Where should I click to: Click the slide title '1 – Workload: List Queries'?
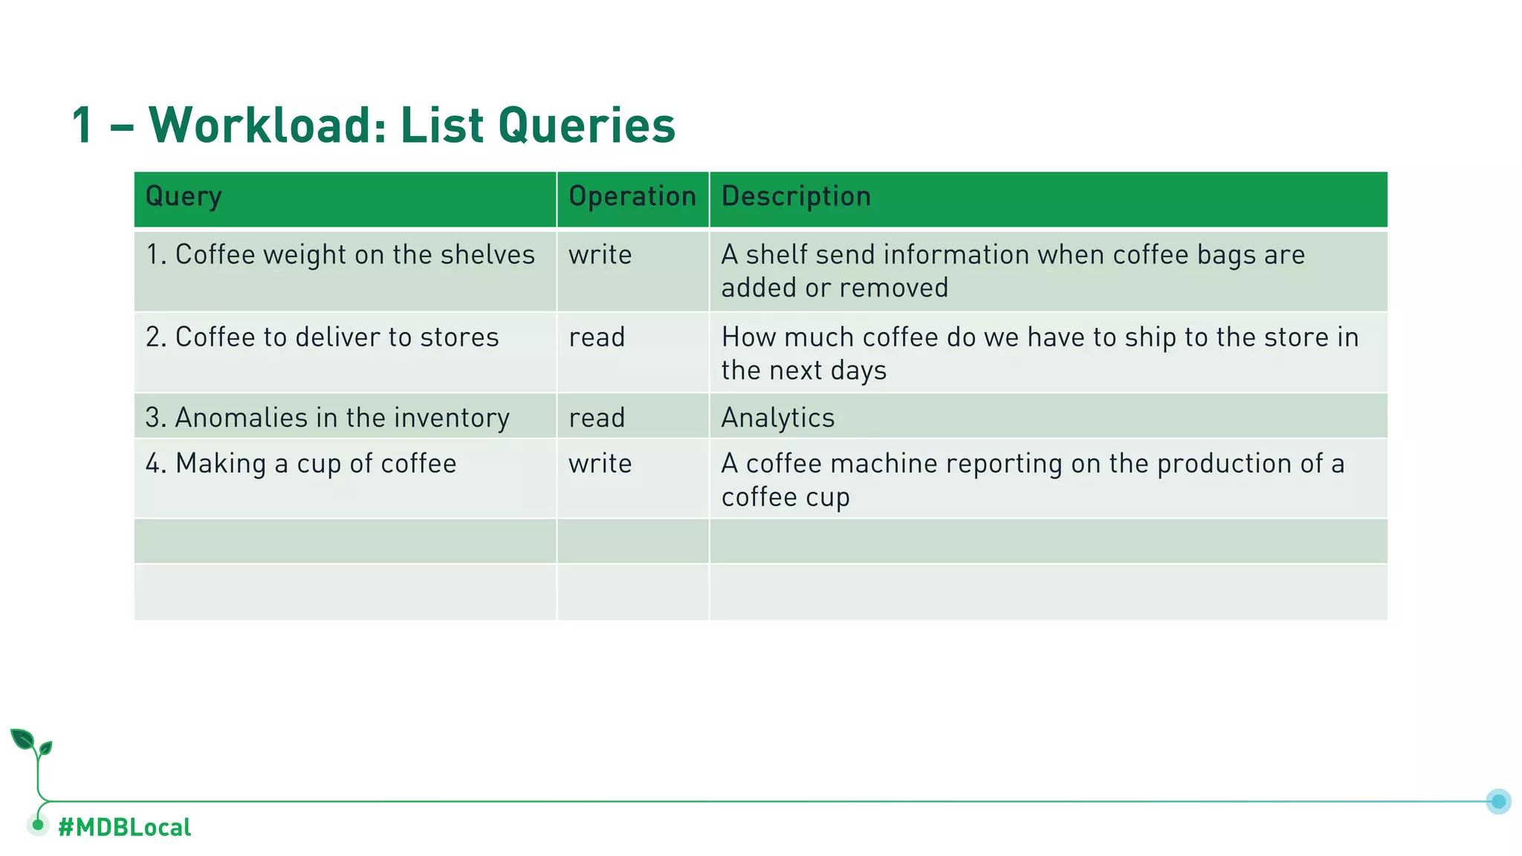pos(373,125)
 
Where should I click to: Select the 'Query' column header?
pos(184,197)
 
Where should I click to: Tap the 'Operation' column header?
pos(632,197)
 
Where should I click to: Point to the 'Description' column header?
pos(796,197)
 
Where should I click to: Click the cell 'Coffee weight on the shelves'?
pos(340,255)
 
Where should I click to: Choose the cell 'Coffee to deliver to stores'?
pos(323,337)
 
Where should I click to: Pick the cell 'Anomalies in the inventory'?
pos(328,418)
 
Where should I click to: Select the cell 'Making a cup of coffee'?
pos(301,464)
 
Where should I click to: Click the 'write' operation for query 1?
pos(600,255)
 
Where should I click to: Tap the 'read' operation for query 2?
pos(597,337)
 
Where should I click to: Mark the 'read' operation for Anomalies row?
pos(597,418)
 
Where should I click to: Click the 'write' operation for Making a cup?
pos(600,464)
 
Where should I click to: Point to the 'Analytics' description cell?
pos(778,418)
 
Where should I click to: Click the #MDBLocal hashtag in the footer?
pos(124,827)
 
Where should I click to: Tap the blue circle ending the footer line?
pos(1498,801)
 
